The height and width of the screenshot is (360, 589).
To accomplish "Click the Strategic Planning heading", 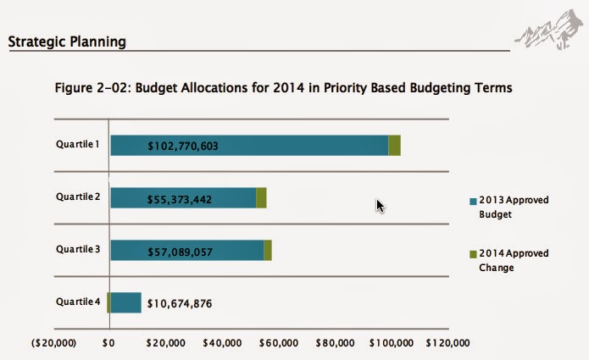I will click(67, 41).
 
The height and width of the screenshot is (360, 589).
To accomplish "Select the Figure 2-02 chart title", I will click(283, 87).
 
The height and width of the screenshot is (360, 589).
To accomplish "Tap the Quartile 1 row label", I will click(78, 144).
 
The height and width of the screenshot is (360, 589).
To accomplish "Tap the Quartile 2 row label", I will click(78, 197).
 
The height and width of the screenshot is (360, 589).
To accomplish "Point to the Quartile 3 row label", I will click(78, 249).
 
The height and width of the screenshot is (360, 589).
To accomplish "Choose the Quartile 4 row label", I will click(78, 302).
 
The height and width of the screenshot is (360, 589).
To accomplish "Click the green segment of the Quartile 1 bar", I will click(394, 146).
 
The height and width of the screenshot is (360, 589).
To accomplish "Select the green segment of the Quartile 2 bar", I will click(261, 197).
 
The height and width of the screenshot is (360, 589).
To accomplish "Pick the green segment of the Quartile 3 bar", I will click(268, 250).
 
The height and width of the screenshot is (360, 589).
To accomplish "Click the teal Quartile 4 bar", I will click(125, 302).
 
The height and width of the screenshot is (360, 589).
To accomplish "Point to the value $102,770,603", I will click(183, 147).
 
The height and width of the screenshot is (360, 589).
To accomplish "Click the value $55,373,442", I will click(180, 198).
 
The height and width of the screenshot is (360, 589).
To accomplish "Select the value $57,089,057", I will click(180, 251).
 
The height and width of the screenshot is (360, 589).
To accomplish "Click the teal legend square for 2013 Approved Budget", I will click(473, 202).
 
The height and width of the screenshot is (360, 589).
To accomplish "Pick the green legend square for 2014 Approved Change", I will click(473, 254).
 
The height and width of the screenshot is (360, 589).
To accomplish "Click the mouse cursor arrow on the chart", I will click(381, 206).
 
